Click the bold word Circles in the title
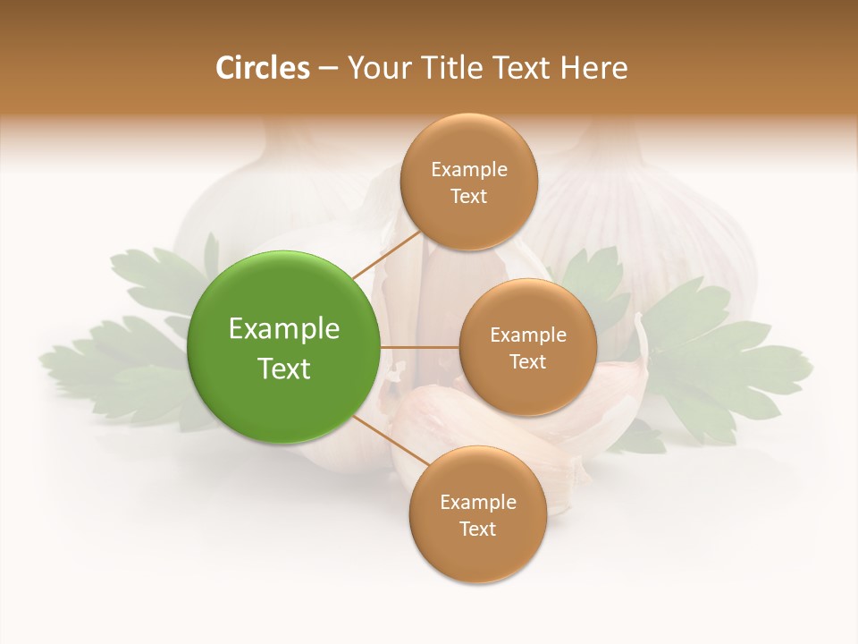[x=263, y=68]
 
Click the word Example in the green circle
[x=284, y=329]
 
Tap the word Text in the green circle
[x=284, y=369]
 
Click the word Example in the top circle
[x=469, y=170]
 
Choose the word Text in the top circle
[x=469, y=196]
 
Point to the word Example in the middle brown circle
[x=528, y=335]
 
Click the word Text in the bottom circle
[x=477, y=529]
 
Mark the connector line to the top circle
[x=387, y=254]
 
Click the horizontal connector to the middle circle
[x=420, y=347]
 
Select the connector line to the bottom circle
[x=391, y=440]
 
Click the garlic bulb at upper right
[x=652, y=224]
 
